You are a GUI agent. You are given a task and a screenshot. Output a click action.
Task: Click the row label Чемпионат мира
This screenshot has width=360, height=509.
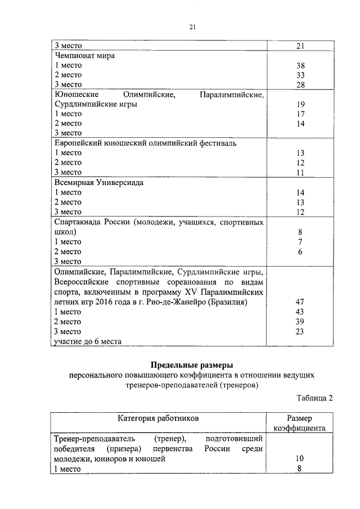[x=85, y=56]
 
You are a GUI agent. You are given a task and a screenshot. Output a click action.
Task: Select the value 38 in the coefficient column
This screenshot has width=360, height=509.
[x=300, y=65]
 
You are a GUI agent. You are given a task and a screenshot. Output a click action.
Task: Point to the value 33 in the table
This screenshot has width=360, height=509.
[x=300, y=75]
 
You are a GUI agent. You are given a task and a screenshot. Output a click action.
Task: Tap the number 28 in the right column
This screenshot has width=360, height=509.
[x=300, y=84]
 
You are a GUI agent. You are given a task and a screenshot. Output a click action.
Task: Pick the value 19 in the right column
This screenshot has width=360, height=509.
[x=300, y=104]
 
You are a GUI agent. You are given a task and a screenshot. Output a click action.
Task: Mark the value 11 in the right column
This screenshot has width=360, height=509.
[x=300, y=172]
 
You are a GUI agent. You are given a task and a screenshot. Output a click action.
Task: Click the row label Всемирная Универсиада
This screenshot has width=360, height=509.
[x=99, y=183]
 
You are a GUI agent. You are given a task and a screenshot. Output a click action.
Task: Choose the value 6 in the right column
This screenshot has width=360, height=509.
[x=300, y=251]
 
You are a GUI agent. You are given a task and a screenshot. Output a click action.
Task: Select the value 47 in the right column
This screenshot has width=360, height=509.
[x=300, y=302]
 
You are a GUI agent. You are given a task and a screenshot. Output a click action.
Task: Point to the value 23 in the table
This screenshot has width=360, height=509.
[x=300, y=332]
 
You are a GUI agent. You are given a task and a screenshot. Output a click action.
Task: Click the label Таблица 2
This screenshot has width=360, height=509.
[x=315, y=398]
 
